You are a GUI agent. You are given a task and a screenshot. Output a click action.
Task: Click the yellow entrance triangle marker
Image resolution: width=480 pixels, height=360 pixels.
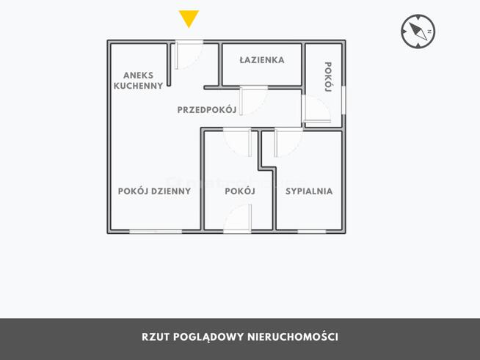click(189, 18)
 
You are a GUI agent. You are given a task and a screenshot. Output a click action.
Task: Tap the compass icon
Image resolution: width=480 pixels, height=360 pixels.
click(418, 32)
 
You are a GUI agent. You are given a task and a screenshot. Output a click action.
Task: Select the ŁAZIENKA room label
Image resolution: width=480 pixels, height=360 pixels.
click(262, 60)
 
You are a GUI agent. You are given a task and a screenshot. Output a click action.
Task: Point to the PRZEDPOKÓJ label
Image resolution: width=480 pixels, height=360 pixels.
click(207, 110)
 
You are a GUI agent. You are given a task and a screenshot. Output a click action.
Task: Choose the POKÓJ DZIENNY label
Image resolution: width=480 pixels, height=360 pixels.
click(154, 191)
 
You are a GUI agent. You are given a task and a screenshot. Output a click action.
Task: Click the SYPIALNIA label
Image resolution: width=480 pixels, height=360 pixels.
click(309, 191)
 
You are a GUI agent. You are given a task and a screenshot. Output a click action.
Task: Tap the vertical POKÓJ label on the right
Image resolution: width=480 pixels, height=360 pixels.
click(328, 77)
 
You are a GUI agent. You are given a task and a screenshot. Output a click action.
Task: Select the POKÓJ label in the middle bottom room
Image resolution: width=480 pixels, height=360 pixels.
click(240, 191)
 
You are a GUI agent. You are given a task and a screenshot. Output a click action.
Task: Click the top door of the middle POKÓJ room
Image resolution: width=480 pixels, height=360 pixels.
click(238, 141)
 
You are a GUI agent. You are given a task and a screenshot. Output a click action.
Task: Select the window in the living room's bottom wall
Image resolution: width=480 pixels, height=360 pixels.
click(156, 232)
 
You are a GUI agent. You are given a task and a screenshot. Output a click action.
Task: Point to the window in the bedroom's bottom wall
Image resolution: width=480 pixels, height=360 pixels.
click(312, 232)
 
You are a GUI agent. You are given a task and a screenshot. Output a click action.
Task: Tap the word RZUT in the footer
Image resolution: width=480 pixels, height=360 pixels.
click(156, 337)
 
